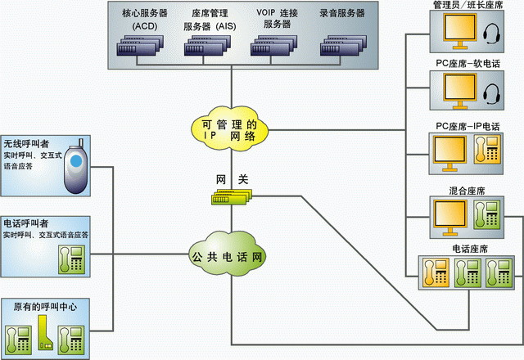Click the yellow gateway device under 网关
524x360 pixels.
(231, 197)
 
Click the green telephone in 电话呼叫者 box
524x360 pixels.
(71, 259)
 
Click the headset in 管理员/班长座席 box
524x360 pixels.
(493, 35)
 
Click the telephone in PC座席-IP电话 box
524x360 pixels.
(493, 147)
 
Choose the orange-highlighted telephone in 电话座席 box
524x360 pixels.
(435, 274)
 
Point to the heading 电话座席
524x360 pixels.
(470, 248)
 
